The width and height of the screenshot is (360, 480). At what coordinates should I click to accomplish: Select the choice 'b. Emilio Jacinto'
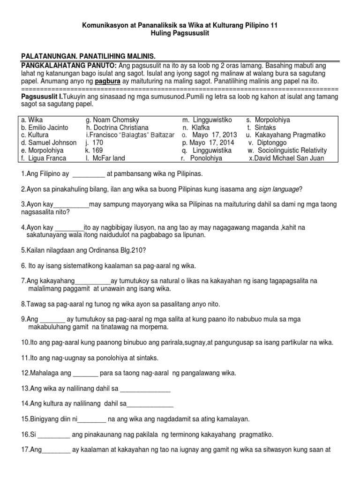[45, 127]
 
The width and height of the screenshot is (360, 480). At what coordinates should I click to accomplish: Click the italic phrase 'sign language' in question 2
[279, 189]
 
